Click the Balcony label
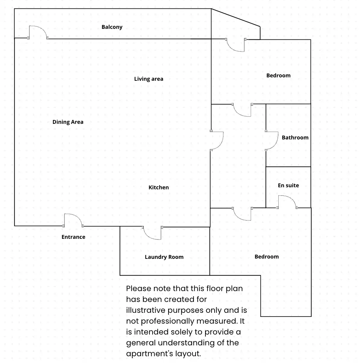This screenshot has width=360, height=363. pyautogui.click(x=112, y=27)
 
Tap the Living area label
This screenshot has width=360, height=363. pyautogui.click(x=148, y=79)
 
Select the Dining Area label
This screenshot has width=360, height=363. pyautogui.click(x=68, y=122)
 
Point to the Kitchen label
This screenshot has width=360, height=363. pyautogui.click(x=159, y=187)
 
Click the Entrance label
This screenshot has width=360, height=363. pyautogui.click(x=73, y=237)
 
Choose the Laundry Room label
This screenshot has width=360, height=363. pyautogui.click(x=164, y=257)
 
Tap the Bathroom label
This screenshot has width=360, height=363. pyautogui.click(x=295, y=137)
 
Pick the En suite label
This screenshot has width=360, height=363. pyautogui.click(x=288, y=186)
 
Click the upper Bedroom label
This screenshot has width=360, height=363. pyautogui.click(x=278, y=75)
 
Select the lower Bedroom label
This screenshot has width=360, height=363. pyautogui.click(x=266, y=257)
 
